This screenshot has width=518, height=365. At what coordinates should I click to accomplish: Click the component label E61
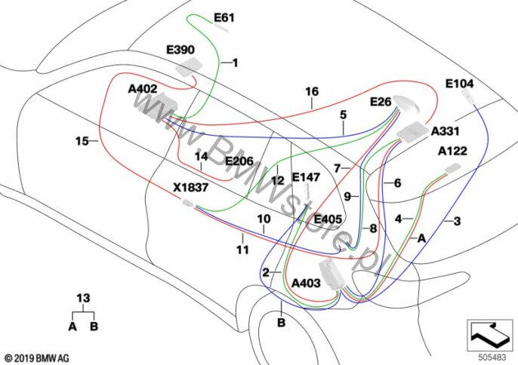point(224,17)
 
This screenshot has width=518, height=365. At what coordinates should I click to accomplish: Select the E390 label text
point(180,50)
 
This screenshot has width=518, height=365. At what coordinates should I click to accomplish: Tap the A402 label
point(143,89)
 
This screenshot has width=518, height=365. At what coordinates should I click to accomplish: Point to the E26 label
point(381,102)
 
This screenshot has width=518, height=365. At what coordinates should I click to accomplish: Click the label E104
point(460,84)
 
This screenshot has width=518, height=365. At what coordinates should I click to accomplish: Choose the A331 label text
point(446,131)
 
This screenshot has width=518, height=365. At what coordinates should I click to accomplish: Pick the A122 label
point(452,151)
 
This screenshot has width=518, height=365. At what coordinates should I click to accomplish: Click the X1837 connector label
point(191,188)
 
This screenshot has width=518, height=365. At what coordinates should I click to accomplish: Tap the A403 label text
point(306,283)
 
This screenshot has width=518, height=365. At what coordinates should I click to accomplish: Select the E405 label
point(328,219)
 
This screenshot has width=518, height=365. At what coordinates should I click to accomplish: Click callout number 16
point(312,91)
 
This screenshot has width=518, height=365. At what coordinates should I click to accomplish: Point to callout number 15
point(82,141)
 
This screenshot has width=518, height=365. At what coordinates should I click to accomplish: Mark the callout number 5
point(344,115)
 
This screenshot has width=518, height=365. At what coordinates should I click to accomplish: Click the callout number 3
point(458,221)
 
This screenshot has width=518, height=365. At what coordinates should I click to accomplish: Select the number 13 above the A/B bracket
point(83,299)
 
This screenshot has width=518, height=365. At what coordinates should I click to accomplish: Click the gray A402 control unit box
point(158,104)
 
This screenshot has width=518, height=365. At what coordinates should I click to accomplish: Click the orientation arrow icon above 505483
point(489,335)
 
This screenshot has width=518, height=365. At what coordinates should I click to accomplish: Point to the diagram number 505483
point(492,357)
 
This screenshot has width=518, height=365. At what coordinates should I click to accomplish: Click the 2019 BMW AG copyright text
point(37,358)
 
